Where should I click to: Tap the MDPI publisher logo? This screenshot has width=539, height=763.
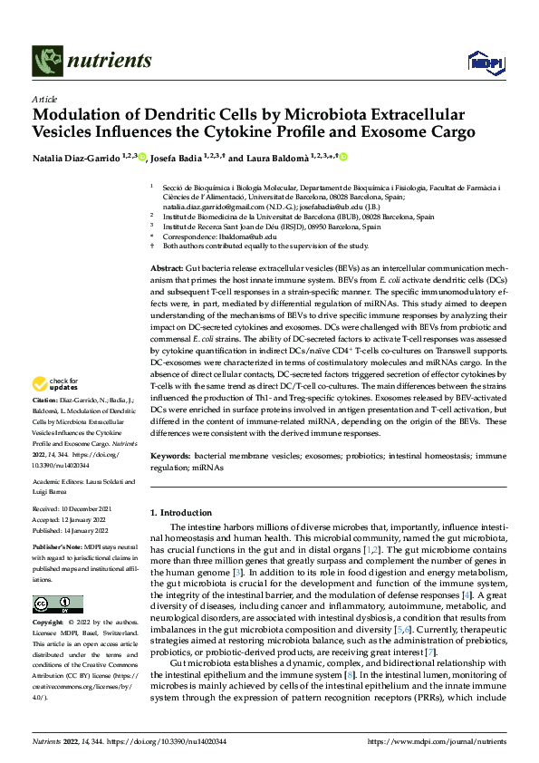[485, 62]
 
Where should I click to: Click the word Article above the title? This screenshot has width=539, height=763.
[44, 98]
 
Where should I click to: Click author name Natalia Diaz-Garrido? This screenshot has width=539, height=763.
[75, 157]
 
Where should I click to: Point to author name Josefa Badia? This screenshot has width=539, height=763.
[179, 157]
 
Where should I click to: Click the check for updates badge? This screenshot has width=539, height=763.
[57, 410]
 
